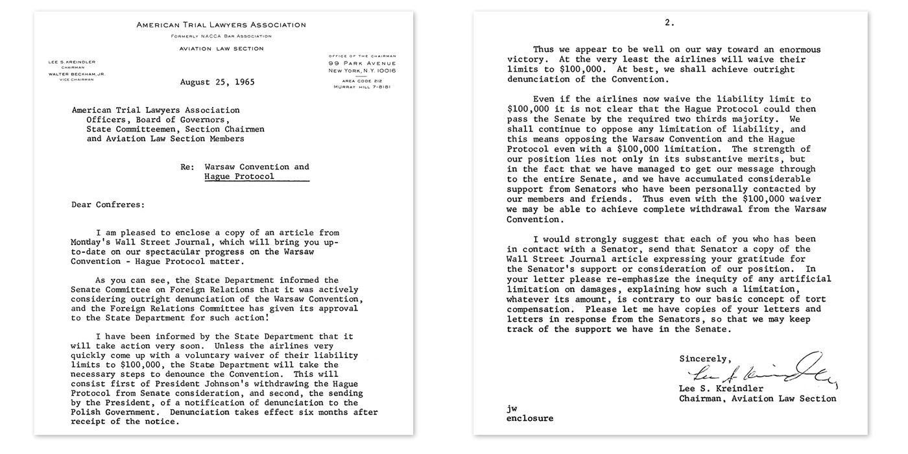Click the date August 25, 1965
point(217,82)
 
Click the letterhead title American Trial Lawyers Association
point(221,25)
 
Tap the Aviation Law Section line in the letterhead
point(222,49)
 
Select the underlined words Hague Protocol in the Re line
point(239,176)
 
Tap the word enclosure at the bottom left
point(530,418)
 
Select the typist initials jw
point(512,409)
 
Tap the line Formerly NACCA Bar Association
point(221,36)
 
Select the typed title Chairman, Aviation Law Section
point(758,398)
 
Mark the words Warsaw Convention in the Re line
point(257,167)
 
